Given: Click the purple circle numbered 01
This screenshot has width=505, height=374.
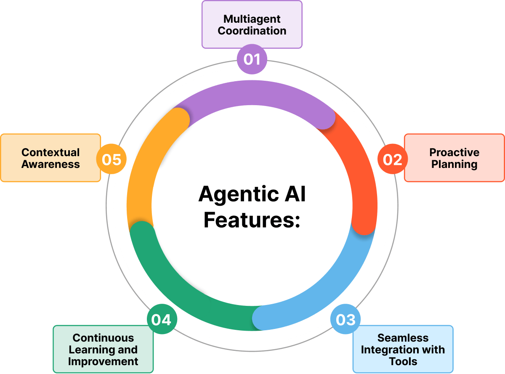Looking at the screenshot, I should [x=252, y=59].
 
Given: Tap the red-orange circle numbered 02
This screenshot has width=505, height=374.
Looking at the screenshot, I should [x=392, y=159].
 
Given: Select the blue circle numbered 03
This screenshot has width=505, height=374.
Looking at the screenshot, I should [x=345, y=320].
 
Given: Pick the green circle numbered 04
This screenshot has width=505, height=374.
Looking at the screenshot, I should [x=162, y=320].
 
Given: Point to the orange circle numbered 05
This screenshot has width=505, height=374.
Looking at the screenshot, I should [x=112, y=159].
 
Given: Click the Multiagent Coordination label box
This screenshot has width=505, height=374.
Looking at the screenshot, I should [x=252, y=24].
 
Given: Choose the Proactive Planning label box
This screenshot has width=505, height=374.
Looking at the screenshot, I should [x=454, y=158].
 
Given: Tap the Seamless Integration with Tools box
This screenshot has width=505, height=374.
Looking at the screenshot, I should [x=403, y=349].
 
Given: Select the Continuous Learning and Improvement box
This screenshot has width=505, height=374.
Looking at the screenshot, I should [x=103, y=349].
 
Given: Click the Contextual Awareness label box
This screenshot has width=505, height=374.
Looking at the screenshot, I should [x=50, y=158].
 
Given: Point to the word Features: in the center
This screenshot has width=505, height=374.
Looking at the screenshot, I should [x=252, y=220].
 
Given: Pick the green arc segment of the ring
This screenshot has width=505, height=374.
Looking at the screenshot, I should [x=177, y=290].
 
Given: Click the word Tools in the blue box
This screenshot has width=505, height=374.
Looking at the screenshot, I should [x=403, y=361].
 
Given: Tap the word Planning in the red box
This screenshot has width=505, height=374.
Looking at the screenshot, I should [x=454, y=164].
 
